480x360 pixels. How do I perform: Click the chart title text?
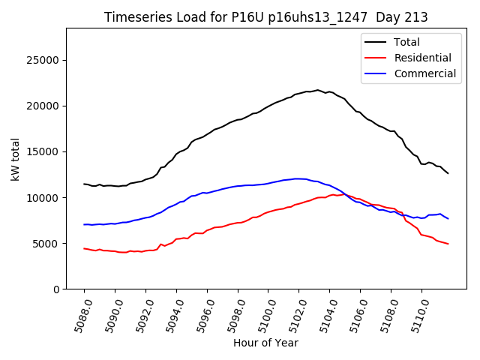pyautogui.click(x=265, y=17)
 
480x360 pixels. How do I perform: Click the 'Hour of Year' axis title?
pyautogui.click(x=265, y=343)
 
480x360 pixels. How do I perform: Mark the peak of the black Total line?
pyautogui.click(x=317, y=90)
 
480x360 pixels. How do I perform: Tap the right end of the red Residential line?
pyautogui.click(x=448, y=244)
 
